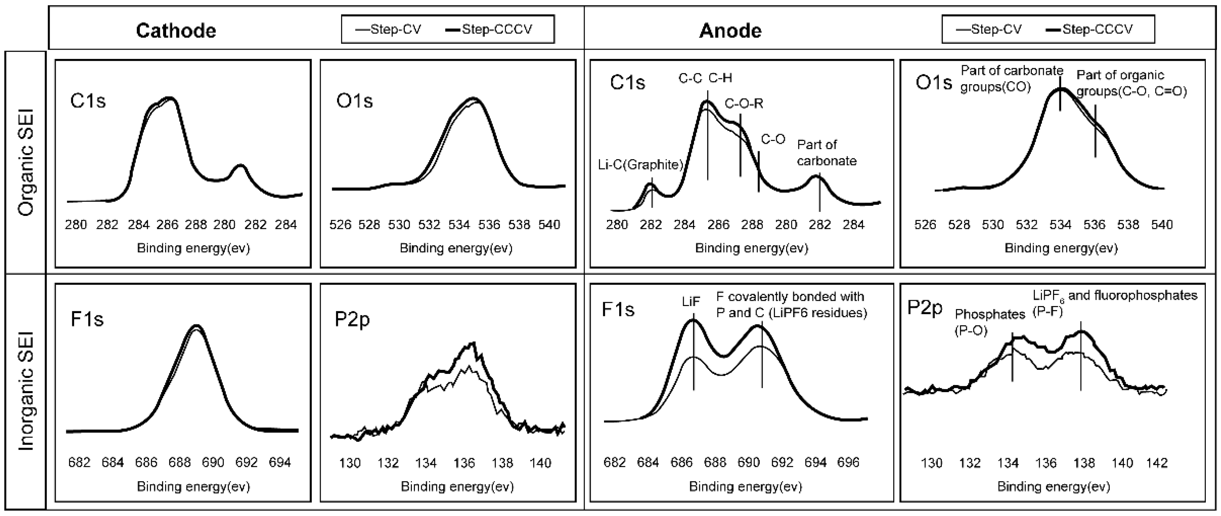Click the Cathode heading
click(176, 31)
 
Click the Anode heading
click(730, 31)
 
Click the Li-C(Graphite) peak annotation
click(640, 165)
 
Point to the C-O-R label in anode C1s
click(744, 103)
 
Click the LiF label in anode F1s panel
click(691, 302)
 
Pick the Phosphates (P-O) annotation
click(989, 322)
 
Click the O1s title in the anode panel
click(933, 83)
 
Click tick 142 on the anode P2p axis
click(1156, 463)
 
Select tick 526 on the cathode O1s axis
click(340, 224)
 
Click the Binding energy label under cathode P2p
click(457, 487)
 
